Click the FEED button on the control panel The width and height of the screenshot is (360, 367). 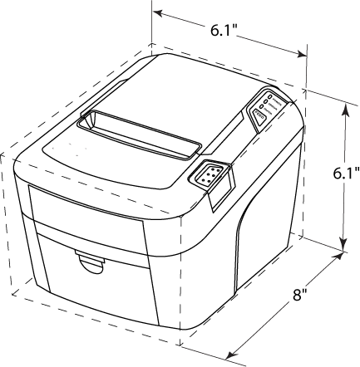tap(260, 116)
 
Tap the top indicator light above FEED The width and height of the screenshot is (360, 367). tap(269, 97)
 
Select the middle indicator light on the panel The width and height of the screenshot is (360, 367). tap(265, 101)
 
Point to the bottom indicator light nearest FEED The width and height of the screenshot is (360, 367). tap(261, 106)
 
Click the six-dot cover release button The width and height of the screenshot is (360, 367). tap(209, 175)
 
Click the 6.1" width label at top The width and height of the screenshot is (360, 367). tap(223, 30)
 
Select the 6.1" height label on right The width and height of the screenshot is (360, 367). tap(346, 174)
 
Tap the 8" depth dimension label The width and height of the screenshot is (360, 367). tap(300, 294)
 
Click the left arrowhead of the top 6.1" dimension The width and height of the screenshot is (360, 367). tap(157, 13)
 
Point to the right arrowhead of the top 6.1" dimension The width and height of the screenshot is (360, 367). tap(302, 54)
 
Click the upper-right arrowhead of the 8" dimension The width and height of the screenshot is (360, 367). tap(338, 257)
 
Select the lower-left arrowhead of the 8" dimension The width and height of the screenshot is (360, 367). tap(232, 355)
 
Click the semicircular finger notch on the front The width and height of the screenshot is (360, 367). tap(90, 263)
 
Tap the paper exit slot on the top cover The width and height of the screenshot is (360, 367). tap(139, 135)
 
